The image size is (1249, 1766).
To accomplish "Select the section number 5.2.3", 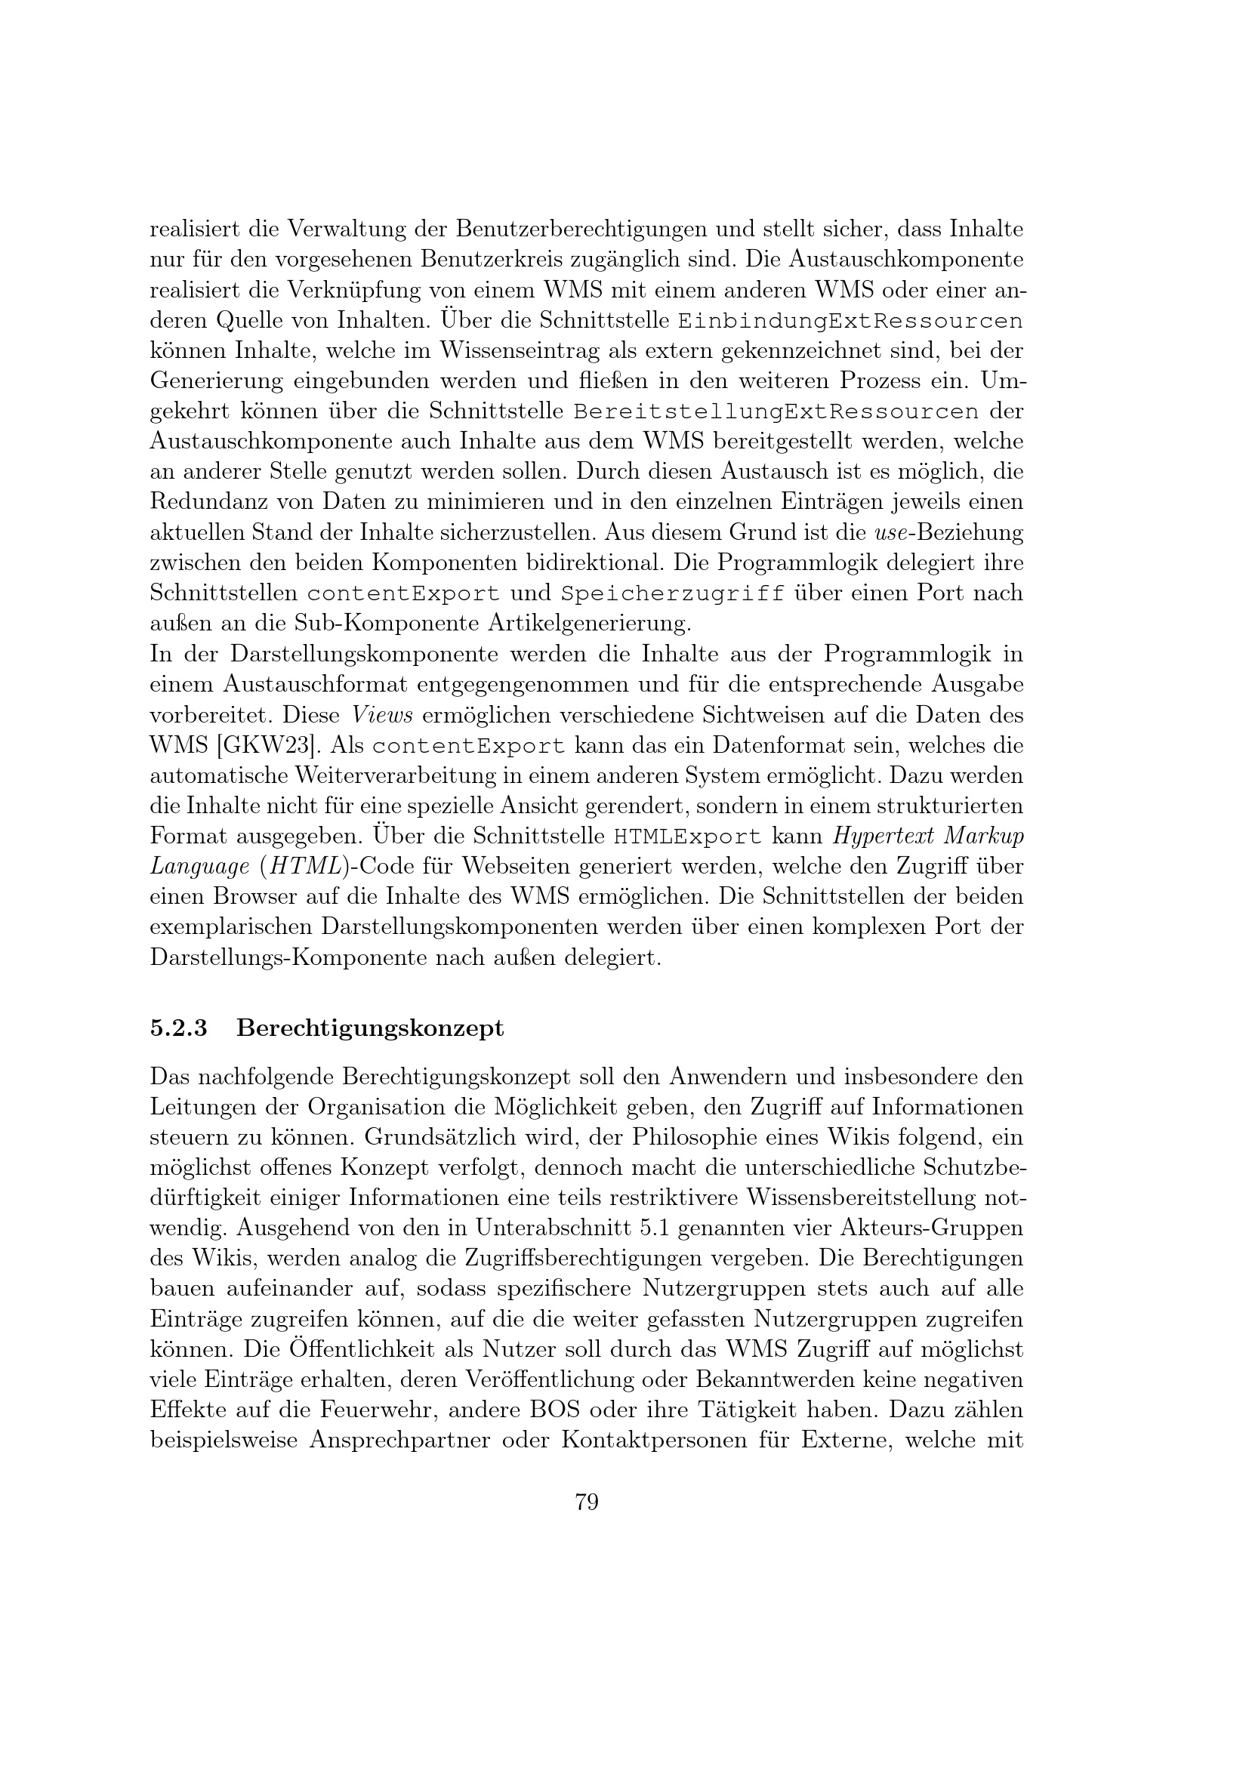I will (x=178, y=1028).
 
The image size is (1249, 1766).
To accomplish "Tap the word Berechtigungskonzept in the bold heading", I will (x=370, y=1028).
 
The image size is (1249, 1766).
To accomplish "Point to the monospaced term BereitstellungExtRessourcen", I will (x=777, y=411).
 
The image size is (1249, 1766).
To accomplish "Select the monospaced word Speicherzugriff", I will (x=673, y=593).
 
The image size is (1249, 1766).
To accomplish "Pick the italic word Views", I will (x=382, y=715).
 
